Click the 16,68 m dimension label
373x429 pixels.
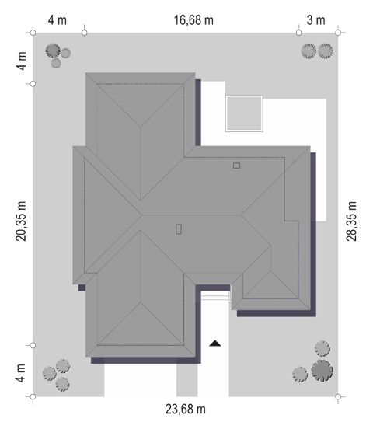193,20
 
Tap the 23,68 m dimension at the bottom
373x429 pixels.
186,410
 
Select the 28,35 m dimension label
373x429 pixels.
351,221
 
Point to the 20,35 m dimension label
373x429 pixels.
21,221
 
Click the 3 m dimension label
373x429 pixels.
315,20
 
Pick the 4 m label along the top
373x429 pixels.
58,20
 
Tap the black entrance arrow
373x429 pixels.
215,343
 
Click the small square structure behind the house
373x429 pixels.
244,113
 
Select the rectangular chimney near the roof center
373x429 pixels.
179,229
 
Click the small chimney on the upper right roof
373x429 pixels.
237,166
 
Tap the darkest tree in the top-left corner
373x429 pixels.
53,51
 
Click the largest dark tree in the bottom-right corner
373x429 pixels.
322,371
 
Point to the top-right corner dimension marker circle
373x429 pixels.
338,33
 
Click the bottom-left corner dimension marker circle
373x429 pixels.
33,396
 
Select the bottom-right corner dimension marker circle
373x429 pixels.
338,396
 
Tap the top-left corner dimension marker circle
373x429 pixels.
33,33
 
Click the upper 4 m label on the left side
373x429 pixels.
21,61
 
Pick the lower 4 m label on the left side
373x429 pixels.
20,373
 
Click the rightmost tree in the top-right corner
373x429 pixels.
326,51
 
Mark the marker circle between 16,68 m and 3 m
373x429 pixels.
298,33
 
